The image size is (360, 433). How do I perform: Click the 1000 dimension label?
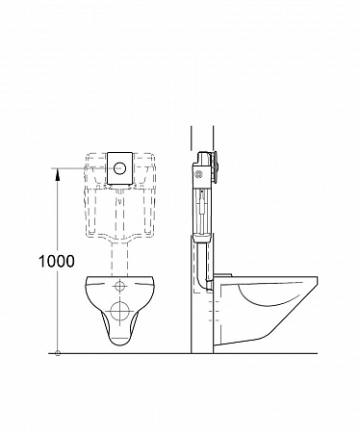coord(57,262)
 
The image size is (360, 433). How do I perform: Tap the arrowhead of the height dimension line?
coord(58,174)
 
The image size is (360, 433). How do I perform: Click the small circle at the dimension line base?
coord(58,353)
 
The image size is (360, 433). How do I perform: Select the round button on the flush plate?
coord(119,167)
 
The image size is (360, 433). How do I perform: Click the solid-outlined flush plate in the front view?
coord(119,168)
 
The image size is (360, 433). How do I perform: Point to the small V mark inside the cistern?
coord(119,202)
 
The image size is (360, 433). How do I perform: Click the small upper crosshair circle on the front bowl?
coord(119,286)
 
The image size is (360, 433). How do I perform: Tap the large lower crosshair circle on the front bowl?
coord(119,311)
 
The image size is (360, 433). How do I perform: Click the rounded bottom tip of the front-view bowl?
coord(119,344)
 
